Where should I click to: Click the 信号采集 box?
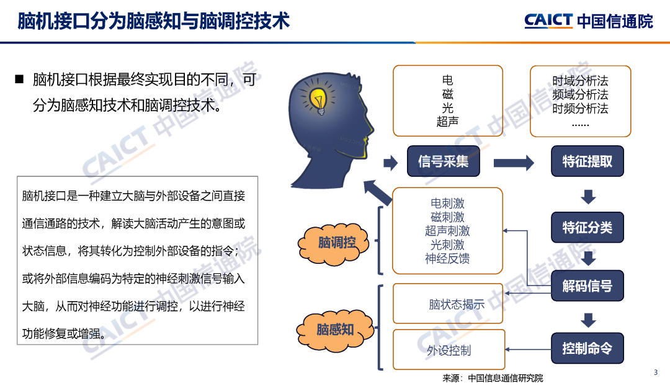click(443, 161)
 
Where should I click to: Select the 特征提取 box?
click(587, 161)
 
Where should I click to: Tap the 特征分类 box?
click(587, 227)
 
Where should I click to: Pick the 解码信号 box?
click(587, 286)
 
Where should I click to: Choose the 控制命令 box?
click(587, 348)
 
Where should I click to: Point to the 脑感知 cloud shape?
click(335, 330)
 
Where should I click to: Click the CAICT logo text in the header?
click(548, 20)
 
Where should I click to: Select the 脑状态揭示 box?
click(448, 304)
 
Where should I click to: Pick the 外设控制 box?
click(449, 350)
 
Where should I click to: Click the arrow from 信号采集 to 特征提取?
click(514, 163)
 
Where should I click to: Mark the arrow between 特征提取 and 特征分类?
click(588, 197)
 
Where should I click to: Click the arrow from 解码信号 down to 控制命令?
click(588, 320)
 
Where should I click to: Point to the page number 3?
click(656, 372)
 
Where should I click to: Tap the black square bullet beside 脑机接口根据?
click(19, 79)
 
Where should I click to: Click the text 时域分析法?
click(580, 81)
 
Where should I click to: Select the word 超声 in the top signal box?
click(447, 122)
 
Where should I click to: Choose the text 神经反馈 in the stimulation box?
click(447, 258)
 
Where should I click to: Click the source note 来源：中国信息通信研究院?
click(493, 378)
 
